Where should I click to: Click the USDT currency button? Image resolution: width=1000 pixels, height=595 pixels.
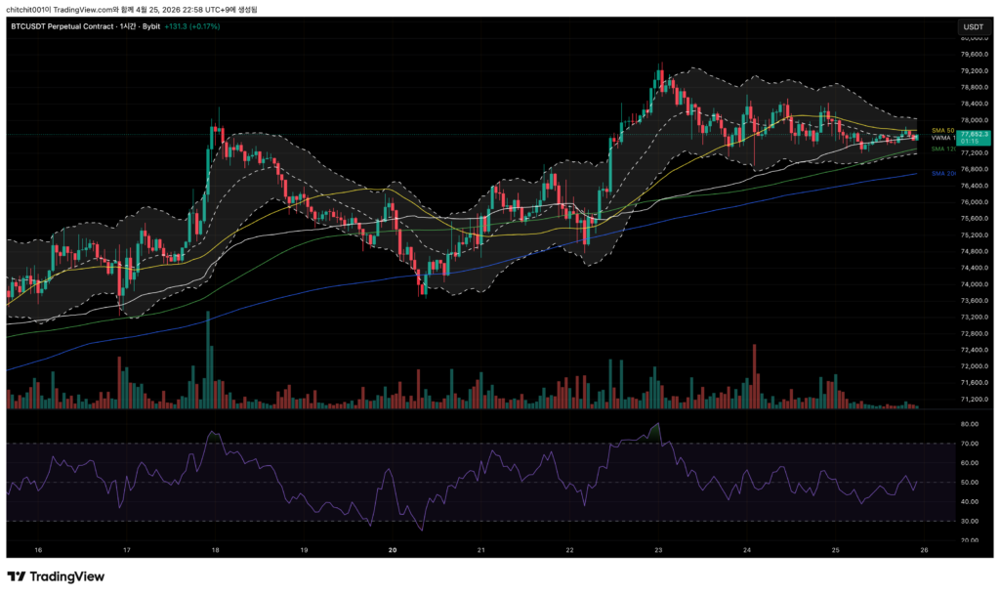973,26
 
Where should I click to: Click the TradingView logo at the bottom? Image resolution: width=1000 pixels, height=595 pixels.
56,576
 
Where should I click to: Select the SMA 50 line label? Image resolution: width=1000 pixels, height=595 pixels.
942,130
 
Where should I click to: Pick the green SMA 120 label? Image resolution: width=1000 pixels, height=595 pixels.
942,149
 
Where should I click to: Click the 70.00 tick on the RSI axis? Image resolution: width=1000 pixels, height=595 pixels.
970,444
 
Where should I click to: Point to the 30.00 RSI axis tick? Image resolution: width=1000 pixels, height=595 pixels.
970,521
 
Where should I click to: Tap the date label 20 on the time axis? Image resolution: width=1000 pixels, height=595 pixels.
393,550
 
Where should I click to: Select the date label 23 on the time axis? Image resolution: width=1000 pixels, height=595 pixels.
659,550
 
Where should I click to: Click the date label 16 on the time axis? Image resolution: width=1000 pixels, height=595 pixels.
38,550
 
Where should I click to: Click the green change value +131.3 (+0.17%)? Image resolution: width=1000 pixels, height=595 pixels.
191,26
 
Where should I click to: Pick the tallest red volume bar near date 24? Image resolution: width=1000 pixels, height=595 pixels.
755,375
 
